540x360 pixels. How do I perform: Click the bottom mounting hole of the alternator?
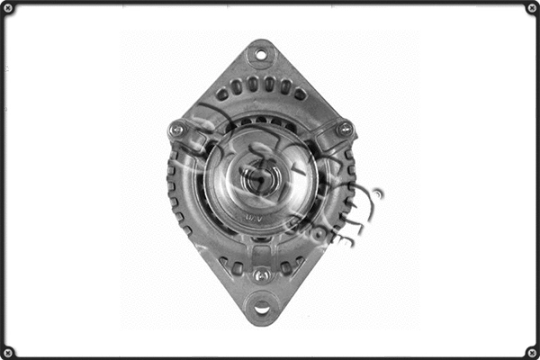(x=261, y=309)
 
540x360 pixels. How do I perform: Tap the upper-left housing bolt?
(x=177, y=130)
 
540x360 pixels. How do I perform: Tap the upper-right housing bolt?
(x=344, y=130)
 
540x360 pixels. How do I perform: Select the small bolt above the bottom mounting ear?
(x=261, y=275)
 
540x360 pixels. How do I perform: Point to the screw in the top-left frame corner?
(x=7, y=7)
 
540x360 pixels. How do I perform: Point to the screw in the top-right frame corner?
(x=532, y=7)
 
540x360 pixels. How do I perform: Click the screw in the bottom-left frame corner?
(x=7, y=352)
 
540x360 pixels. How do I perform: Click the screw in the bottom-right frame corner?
(x=532, y=352)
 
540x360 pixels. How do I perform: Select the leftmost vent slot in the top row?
(x=221, y=94)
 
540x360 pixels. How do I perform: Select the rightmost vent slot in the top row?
(x=300, y=94)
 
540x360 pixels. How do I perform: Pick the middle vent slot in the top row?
(x=261, y=84)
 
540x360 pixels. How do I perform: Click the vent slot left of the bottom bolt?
(x=236, y=267)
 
